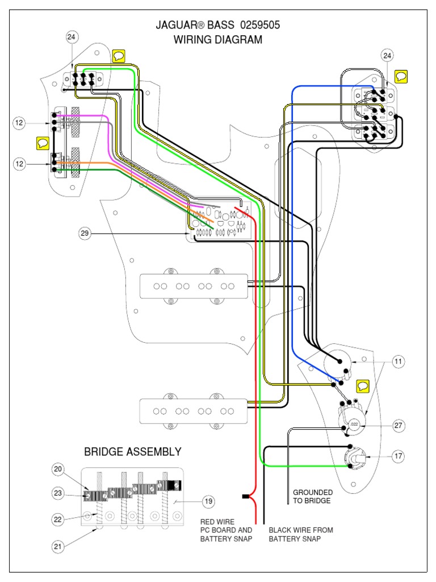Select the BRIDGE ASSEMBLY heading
[x=133, y=452]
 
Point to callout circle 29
[x=85, y=233]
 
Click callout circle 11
[x=398, y=361]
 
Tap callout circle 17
[x=398, y=456]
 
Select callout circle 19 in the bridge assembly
[x=208, y=501]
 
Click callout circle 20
[x=58, y=469]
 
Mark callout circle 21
[x=58, y=547]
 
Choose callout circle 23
[x=58, y=493]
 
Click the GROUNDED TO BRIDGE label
[x=313, y=496]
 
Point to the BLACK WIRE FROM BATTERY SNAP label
[x=301, y=534]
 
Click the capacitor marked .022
[x=353, y=424]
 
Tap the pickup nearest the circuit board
[x=193, y=286]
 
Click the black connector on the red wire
[x=246, y=497]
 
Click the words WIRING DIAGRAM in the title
[x=218, y=40]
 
